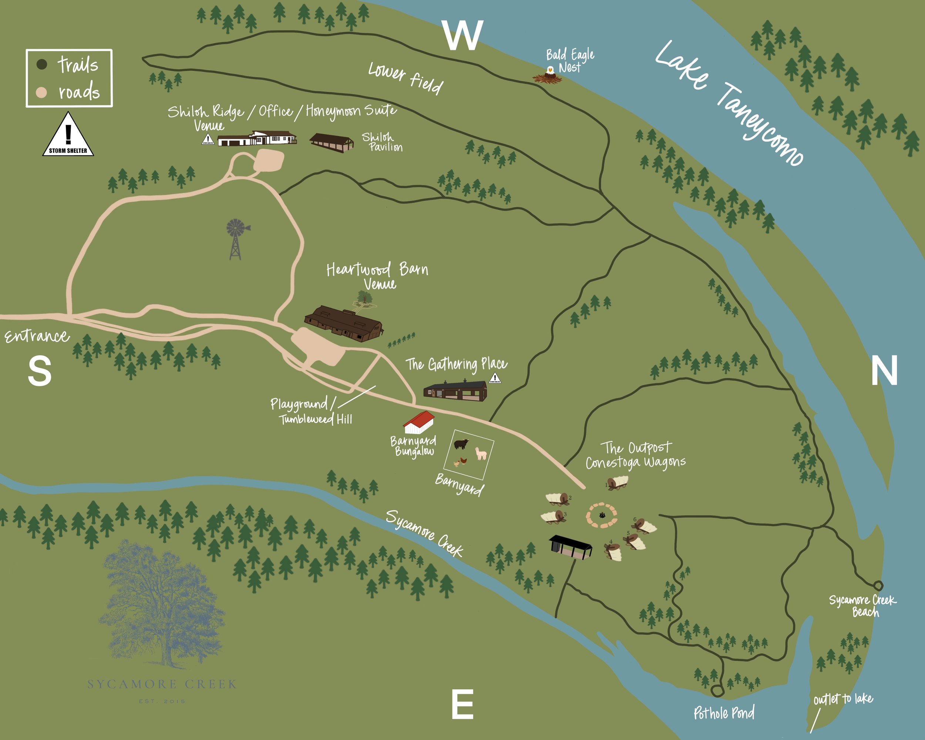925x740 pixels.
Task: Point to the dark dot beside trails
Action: [x=41, y=65]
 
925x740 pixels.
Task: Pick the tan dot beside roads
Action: [x=41, y=92]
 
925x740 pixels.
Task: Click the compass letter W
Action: [x=463, y=36]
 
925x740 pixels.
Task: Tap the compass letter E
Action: [x=462, y=704]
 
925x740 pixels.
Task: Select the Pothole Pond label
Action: [x=724, y=713]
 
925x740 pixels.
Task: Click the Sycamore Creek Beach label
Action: [x=862, y=606]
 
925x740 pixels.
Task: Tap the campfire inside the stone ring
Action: [x=602, y=515]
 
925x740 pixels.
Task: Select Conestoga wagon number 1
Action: [x=618, y=483]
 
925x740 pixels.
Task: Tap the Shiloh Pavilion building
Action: [x=331, y=142]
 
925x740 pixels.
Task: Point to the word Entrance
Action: [x=37, y=336]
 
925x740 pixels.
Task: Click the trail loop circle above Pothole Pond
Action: [x=716, y=690]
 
